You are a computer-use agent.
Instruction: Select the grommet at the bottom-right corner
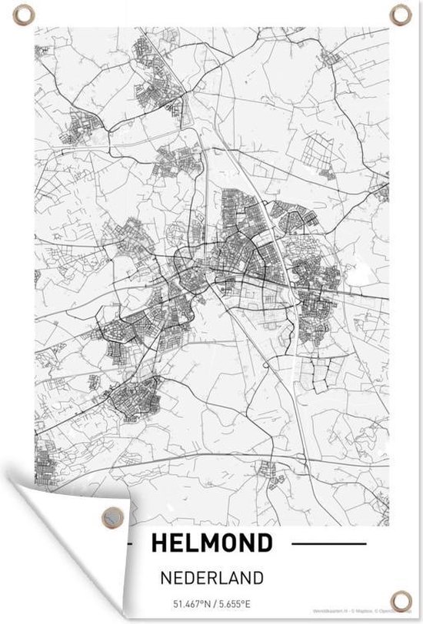coord(400,600)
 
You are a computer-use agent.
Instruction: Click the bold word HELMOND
coord(212,544)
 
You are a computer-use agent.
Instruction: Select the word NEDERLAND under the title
coord(212,576)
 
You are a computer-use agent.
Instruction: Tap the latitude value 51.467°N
coord(185,602)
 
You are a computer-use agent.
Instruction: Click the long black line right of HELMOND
coord(330,544)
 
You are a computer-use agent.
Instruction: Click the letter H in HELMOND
coord(159,544)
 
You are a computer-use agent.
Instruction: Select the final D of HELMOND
coord(265,544)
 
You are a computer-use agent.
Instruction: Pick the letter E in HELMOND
coord(176,544)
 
